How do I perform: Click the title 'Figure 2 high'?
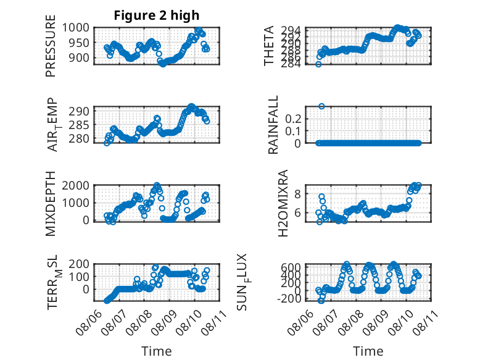tap(157, 15)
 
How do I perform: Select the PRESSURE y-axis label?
tap(51, 46)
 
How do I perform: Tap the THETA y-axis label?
tap(269, 46)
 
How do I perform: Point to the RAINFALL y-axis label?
tap(273, 124)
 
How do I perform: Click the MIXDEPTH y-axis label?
tap(51, 203)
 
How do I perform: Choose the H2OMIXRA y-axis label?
tap(283, 203)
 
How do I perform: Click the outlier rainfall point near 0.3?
tap(321, 106)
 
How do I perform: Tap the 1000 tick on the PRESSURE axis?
tap(76, 28)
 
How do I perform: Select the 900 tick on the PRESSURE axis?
tap(79, 57)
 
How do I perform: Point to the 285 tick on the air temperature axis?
tap(79, 125)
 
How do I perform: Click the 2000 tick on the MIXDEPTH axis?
tap(76, 185)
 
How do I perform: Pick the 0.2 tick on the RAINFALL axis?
tap(293, 119)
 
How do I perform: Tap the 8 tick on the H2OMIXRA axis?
tap(298, 194)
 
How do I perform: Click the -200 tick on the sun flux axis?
tap(289, 298)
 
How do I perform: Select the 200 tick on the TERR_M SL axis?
tap(79, 264)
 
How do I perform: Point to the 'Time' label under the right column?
tap(368, 351)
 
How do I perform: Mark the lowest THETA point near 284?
tap(318, 64)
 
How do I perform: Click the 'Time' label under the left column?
tap(157, 351)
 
